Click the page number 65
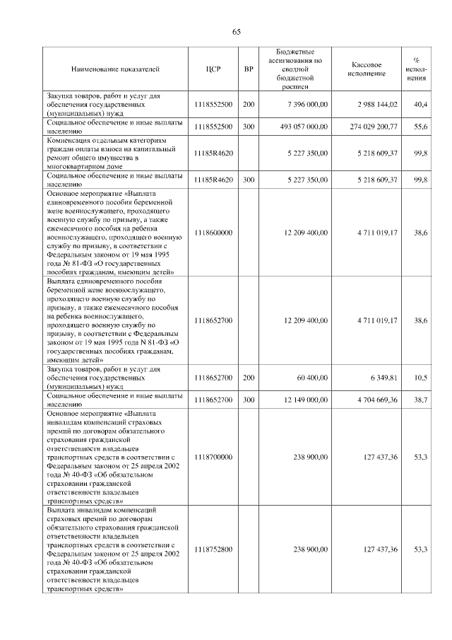pyautogui.click(x=237, y=31)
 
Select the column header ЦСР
pyautogui.click(x=213, y=69)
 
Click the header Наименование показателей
pyautogui.click(x=115, y=69)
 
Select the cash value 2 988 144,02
pyautogui.click(x=378, y=104)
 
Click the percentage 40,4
pyautogui.click(x=420, y=104)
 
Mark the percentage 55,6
pyautogui.click(x=420, y=126)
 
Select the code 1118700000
pyautogui.click(x=213, y=458)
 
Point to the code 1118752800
pyautogui.click(x=213, y=549)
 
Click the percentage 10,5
pyautogui.click(x=420, y=378)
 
